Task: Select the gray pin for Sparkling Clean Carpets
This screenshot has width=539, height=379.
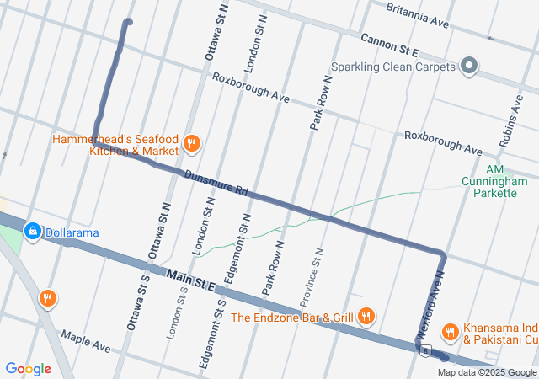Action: click(469, 66)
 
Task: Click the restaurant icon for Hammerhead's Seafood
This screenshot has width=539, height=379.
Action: click(192, 144)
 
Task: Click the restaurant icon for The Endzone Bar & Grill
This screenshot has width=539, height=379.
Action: click(366, 317)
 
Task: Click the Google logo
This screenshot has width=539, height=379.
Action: click(28, 369)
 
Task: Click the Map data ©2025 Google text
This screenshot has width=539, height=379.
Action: click(487, 373)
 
